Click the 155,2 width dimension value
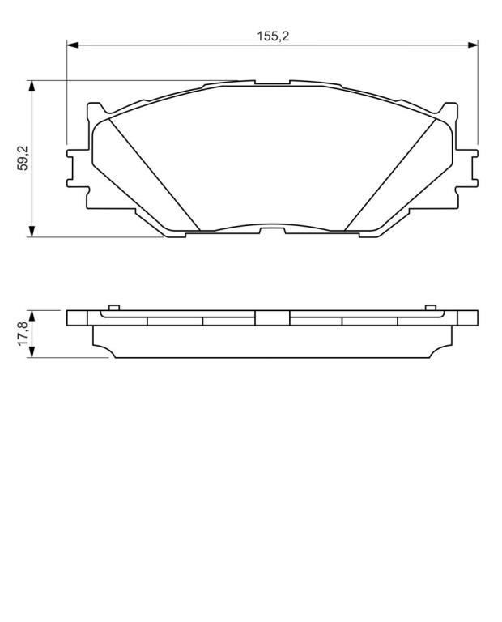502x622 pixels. coord(273,36)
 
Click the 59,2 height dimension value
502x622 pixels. coord(23,158)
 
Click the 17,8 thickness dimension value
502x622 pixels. coord(23,334)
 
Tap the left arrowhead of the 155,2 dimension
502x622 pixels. coord(72,45)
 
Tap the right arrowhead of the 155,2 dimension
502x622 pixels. coord(473,45)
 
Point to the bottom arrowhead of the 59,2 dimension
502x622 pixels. coord(32,232)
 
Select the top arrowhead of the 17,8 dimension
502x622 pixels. coord(32,316)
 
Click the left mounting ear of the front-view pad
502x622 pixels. coord(77,168)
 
